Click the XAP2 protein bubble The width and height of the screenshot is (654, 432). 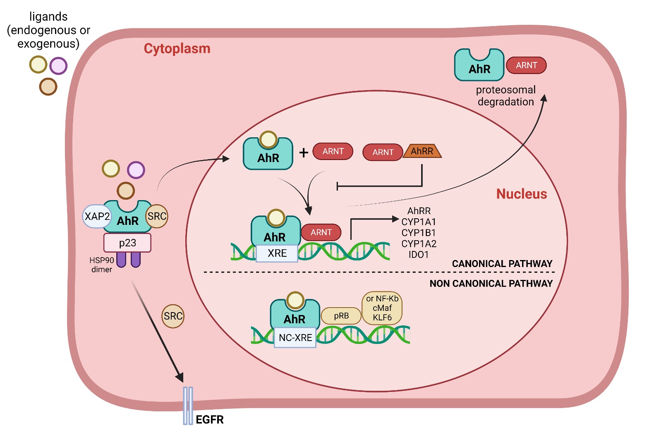pyautogui.click(x=97, y=216)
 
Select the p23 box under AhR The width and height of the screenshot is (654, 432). pyautogui.click(x=127, y=243)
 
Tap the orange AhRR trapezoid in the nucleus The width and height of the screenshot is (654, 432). pyautogui.click(x=422, y=151)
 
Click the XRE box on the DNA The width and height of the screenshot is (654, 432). pyautogui.click(x=277, y=253)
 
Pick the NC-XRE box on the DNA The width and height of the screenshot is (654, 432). pyautogui.click(x=295, y=338)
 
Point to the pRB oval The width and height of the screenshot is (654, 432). pyautogui.click(x=341, y=316)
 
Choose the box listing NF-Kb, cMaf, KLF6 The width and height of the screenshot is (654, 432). pyautogui.click(x=382, y=308)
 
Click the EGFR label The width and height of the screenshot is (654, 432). pyautogui.click(x=209, y=420)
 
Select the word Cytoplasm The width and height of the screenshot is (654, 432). pyautogui.click(x=177, y=48)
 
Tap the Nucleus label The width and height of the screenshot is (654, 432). pyautogui.click(x=522, y=194)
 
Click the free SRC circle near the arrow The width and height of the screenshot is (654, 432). pyautogui.click(x=173, y=316)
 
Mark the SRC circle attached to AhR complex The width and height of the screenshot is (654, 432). pyautogui.click(x=157, y=216)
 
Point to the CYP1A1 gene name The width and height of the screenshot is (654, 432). pyautogui.click(x=419, y=222)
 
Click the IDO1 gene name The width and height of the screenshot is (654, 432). pyautogui.click(x=419, y=255)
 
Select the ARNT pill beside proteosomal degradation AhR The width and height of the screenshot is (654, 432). pyautogui.click(x=526, y=65)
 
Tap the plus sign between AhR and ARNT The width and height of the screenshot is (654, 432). pyautogui.click(x=304, y=153)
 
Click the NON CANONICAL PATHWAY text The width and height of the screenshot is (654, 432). pyautogui.click(x=491, y=284)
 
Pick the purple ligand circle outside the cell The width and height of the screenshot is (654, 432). pyautogui.click(x=58, y=66)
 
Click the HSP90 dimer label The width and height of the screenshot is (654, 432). pyautogui.click(x=102, y=265)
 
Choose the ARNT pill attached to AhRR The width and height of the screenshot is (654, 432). pyautogui.click(x=383, y=152)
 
